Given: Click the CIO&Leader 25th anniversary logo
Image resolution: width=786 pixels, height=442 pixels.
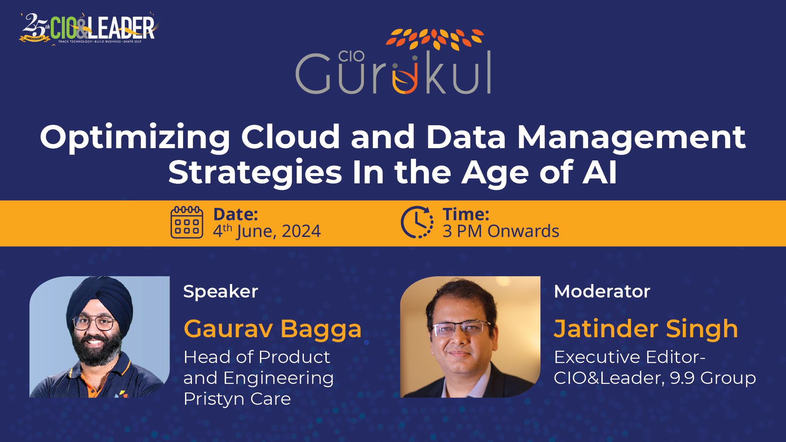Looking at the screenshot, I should [88, 28].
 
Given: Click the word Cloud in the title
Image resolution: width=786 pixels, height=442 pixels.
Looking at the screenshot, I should [290, 137].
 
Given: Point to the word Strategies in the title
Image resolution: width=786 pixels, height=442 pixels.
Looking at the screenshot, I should [255, 173].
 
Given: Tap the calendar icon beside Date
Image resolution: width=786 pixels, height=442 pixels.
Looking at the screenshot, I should [187, 222].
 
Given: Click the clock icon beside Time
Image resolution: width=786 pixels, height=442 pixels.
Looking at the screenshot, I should [417, 222].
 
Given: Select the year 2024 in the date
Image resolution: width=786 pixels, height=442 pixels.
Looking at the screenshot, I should [301, 232].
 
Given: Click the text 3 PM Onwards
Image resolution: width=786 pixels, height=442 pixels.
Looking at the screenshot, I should [501, 232].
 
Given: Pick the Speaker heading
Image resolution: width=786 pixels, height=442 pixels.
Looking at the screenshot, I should [221, 292].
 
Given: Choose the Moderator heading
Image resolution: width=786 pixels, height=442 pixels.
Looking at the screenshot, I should [602, 292].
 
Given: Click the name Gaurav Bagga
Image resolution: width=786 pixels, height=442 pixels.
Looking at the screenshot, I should [272, 329].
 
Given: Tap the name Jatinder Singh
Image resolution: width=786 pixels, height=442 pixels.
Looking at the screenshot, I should [646, 329].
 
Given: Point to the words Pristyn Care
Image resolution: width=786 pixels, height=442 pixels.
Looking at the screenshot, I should [237, 399].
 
